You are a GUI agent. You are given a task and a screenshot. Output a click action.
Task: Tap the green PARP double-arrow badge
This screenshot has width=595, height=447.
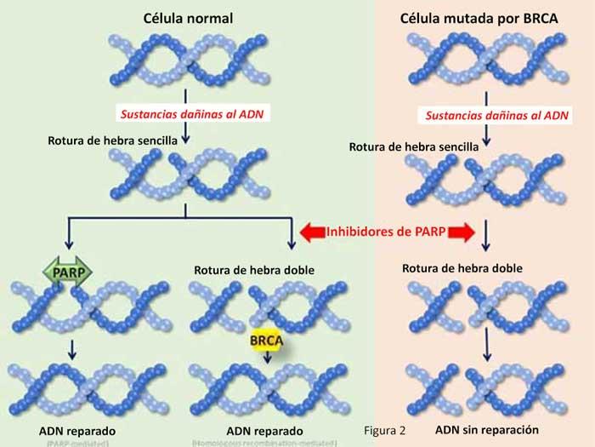[65, 272]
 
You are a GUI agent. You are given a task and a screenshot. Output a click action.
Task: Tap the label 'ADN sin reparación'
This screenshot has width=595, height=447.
[487, 429]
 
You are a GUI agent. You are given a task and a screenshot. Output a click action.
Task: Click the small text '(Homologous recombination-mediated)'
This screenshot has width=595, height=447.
[264, 443]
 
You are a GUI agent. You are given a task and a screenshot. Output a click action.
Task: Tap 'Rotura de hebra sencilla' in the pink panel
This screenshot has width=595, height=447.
[414, 146]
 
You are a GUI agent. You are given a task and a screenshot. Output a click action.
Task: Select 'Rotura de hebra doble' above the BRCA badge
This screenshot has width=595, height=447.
[254, 271]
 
